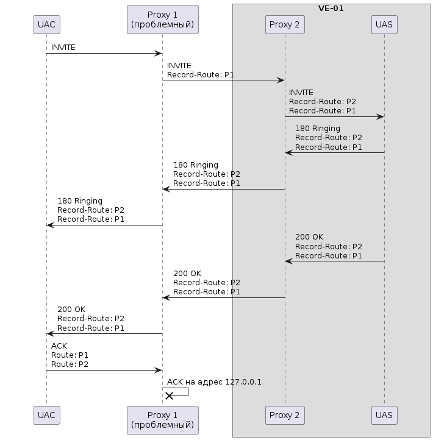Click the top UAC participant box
pyautogui.click(x=46, y=25)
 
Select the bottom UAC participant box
pyautogui.click(x=46, y=415)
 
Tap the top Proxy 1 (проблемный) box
pyautogui.click(x=163, y=20)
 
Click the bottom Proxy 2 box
pyautogui.click(x=285, y=415)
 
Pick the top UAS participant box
pyautogui.click(x=384, y=25)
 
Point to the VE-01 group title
pyautogui.click(x=331, y=9)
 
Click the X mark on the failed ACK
pyautogui.click(x=169, y=396)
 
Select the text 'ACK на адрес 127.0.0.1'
pyautogui.click(x=214, y=382)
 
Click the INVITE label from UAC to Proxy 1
pyautogui.click(x=63, y=48)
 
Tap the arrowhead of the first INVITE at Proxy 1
pyautogui.click(x=159, y=53)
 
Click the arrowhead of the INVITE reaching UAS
pyautogui.click(x=380, y=117)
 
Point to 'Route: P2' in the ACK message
pyautogui.click(x=70, y=364)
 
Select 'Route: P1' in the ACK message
pyautogui.click(x=70, y=355)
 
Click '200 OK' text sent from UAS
pyautogui.click(x=309, y=237)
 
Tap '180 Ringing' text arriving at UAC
pyautogui.click(x=80, y=201)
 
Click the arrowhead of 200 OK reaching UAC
pyautogui.click(x=50, y=333)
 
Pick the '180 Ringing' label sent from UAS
pyautogui.click(x=318, y=129)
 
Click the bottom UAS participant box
pyautogui.click(x=384, y=415)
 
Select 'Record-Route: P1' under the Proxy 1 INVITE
pyautogui.click(x=200, y=74)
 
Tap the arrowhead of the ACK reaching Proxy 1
pyautogui.click(x=159, y=371)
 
